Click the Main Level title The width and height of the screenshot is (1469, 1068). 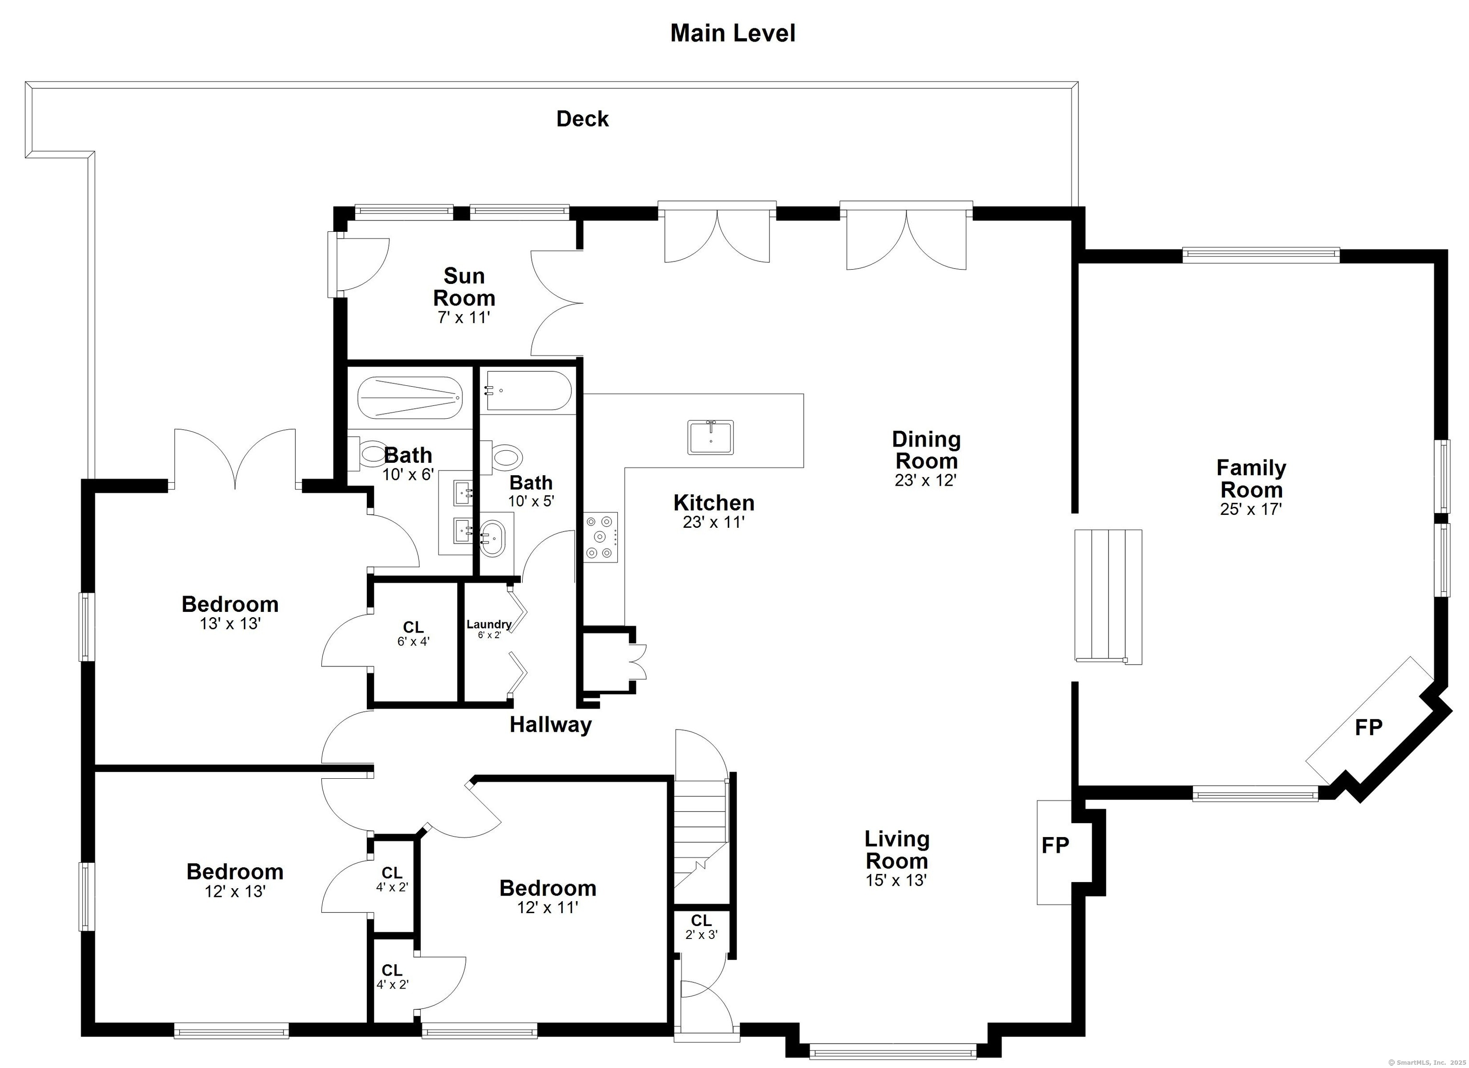point(733,33)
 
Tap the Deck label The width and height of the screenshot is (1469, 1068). point(582,119)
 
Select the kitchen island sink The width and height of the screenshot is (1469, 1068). point(711,437)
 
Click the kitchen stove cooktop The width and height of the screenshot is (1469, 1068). point(601,536)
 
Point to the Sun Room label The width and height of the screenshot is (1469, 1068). point(464,287)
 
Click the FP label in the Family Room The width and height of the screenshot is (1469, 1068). point(1369,727)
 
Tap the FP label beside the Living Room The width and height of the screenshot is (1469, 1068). point(1055,845)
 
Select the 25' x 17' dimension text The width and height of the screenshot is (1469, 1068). point(1251,509)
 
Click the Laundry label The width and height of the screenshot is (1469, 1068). point(489,624)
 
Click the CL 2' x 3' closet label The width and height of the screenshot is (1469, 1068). point(702,927)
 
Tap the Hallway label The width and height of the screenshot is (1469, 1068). point(550,725)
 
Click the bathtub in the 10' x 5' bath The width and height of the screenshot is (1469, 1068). point(528,391)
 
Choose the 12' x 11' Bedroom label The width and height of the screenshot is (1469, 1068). point(548,888)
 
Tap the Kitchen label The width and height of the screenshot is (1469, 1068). point(714,502)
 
